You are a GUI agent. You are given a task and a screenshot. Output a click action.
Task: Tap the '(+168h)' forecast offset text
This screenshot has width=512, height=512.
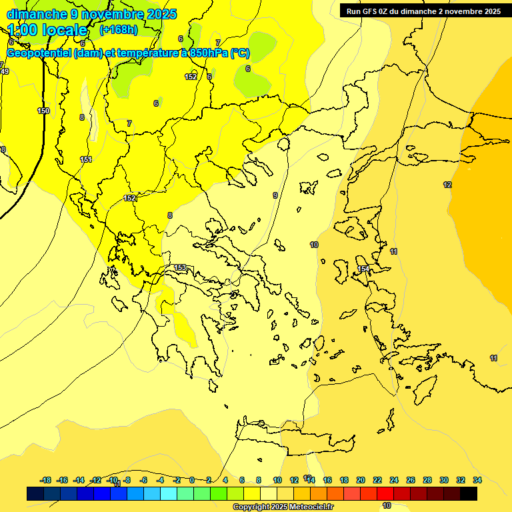point(119,30)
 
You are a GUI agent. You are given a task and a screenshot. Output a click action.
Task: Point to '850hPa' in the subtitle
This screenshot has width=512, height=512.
point(205,53)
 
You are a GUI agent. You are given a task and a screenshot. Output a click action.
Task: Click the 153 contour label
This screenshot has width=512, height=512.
point(180,268)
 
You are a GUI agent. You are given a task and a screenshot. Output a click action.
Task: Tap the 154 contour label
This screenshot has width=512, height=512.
point(363,269)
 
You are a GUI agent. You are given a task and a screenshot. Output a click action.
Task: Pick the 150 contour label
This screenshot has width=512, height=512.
point(43,111)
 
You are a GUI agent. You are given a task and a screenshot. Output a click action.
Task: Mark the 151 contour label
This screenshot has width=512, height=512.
point(86,159)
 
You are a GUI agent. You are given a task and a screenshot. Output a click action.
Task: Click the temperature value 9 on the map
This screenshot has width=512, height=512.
point(275,195)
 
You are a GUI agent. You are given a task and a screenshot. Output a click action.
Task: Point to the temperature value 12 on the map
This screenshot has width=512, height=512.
point(447,185)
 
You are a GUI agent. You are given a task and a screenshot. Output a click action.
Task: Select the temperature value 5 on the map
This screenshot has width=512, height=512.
point(209,77)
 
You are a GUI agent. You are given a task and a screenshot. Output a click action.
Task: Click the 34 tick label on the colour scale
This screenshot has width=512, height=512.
point(477,480)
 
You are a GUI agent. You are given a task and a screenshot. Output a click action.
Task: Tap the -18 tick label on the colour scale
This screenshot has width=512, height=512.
point(45,480)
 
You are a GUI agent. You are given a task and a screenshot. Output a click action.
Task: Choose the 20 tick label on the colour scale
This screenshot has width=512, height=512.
point(361,480)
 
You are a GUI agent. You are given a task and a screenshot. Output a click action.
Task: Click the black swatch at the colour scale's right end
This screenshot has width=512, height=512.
point(469,494)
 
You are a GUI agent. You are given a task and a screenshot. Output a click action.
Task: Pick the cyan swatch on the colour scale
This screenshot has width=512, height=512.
point(169,494)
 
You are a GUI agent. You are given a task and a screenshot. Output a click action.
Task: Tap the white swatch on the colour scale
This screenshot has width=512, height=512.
point(269,494)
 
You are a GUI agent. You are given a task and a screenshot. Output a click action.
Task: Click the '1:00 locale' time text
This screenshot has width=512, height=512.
point(48,30)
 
